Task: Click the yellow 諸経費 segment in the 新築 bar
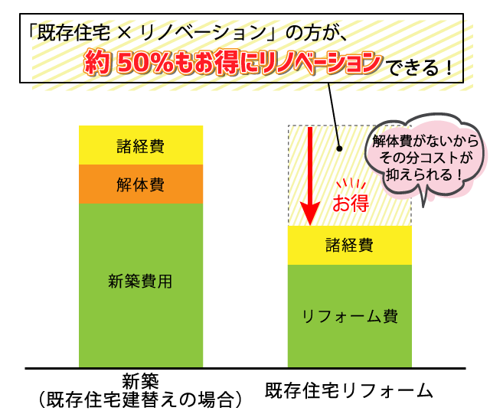point(141,145)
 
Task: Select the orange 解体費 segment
point(141,184)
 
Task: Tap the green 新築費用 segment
point(141,285)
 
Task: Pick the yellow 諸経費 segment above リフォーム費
point(349,246)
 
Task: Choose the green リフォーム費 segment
point(349,316)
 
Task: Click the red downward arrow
point(310,176)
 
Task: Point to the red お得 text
point(351,203)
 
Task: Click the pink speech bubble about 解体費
point(424,156)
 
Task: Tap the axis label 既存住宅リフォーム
point(349,390)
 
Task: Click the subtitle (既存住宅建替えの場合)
point(141,399)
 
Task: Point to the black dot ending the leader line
point(340,148)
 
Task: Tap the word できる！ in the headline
point(420,67)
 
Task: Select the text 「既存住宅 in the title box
point(69,32)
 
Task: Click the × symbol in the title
point(125,33)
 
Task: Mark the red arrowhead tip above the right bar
point(310,225)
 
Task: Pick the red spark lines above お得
point(351,183)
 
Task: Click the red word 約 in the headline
point(97,62)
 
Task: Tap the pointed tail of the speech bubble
point(423,207)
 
